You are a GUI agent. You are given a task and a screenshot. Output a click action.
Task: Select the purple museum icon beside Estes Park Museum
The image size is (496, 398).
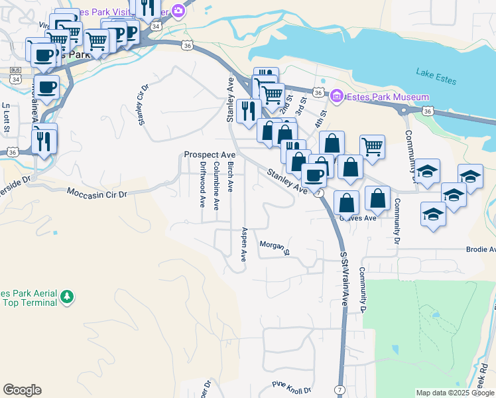click(x=336, y=98)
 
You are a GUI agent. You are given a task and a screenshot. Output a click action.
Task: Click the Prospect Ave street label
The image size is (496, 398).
click(x=210, y=155)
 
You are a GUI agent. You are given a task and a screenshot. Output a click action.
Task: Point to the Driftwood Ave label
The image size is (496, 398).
click(x=202, y=184)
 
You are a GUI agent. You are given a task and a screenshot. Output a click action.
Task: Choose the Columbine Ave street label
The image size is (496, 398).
click(x=216, y=185)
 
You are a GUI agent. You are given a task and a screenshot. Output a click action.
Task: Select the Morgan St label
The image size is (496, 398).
click(x=275, y=247)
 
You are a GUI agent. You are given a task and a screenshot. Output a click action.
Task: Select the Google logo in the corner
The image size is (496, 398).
click(x=22, y=390)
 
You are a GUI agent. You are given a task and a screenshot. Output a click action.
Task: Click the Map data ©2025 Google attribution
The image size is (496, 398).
click(x=455, y=393)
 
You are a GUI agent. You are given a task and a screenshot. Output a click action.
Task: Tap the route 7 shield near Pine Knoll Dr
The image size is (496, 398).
click(x=340, y=389)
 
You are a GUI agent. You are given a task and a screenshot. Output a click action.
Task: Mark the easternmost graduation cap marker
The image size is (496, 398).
click(x=470, y=176)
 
